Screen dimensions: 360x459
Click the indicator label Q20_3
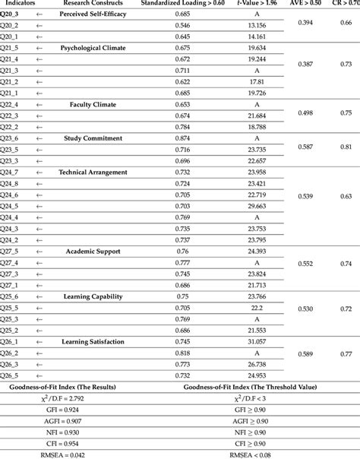coord(10,14)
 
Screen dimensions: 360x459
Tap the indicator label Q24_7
coord(10,172)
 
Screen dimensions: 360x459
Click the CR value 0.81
coord(346,147)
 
